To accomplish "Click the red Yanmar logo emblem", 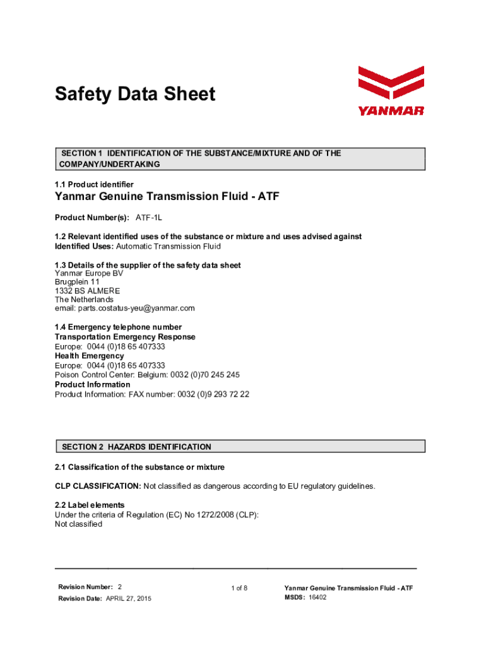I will point(391,85).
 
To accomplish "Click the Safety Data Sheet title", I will point(135,95).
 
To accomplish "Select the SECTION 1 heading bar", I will point(240,159).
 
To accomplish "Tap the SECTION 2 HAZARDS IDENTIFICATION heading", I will point(136,447).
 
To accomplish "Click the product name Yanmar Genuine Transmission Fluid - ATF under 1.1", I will point(167,197).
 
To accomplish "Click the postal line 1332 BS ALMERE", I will point(87,291).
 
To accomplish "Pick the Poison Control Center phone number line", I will point(147,375).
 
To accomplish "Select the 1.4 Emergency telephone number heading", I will point(118,327).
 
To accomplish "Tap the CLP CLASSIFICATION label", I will point(98,486).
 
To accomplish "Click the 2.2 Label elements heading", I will point(90,505).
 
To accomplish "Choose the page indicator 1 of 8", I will point(239,589).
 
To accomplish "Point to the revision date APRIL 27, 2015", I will point(128,598).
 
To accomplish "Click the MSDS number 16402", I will point(317,597).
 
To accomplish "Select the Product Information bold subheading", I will point(93,384).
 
